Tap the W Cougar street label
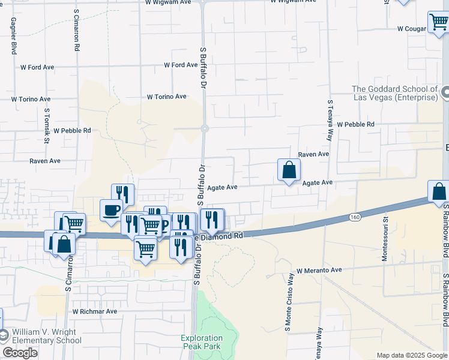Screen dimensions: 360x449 tap(411, 28)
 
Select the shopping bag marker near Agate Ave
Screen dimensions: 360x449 tap(289, 170)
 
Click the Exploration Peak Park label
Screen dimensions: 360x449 tap(201, 342)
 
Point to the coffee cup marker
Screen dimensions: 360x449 tap(111, 211)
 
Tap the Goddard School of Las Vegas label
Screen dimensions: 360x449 tap(394, 94)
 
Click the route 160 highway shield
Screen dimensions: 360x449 tap(356, 217)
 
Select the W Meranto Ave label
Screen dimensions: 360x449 tap(319, 271)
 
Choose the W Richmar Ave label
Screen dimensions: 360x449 tap(95, 311)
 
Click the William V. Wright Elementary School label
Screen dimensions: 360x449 tap(46, 336)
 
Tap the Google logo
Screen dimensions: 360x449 tap(20, 353)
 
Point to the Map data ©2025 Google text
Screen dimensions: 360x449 tap(411, 355)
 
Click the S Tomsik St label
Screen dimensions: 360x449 tap(47, 127)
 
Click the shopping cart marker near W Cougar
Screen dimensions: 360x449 tap(438, 22)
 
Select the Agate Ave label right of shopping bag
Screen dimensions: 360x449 tap(317, 182)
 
